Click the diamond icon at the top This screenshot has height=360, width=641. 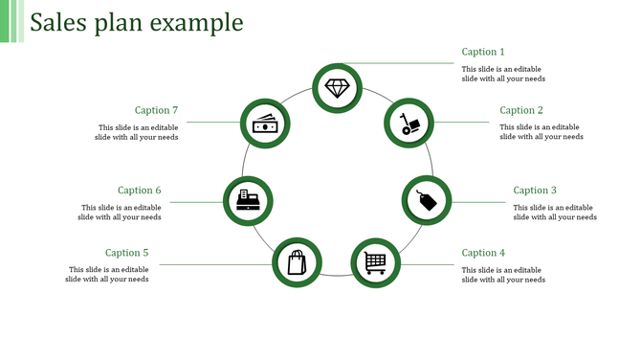pyautogui.click(x=338, y=88)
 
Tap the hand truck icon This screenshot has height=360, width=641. pyautogui.click(x=409, y=124)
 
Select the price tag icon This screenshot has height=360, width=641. pyautogui.click(x=426, y=200)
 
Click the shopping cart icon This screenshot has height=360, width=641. pyautogui.click(x=376, y=260)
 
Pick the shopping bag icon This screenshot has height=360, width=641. pyautogui.click(x=298, y=261)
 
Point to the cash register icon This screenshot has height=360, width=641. pyautogui.click(x=248, y=200)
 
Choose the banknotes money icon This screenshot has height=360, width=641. pyautogui.click(x=264, y=124)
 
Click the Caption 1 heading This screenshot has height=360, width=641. pyautogui.click(x=482, y=52)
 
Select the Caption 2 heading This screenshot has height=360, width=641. pyautogui.click(x=521, y=111)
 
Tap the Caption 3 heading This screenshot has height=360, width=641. pyautogui.click(x=535, y=191)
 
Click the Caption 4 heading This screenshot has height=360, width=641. pyautogui.click(x=483, y=253)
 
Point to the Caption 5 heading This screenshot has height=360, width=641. pyautogui.click(x=127, y=253)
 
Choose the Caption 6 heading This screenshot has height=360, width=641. pyautogui.click(x=140, y=191)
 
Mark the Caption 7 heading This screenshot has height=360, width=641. pyautogui.click(x=156, y=111)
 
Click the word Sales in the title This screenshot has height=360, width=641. pyautogui.click(x=59, y=22)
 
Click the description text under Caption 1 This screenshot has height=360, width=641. pyautogui.click(x=503, y=74)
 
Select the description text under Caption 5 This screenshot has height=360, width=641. pyautogui.click(x=107, y=275)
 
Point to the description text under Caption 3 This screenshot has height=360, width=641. pyautogui.click(x=555, y=212)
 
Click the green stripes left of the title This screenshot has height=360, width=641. pyautogui.click(x=11, y=21)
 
